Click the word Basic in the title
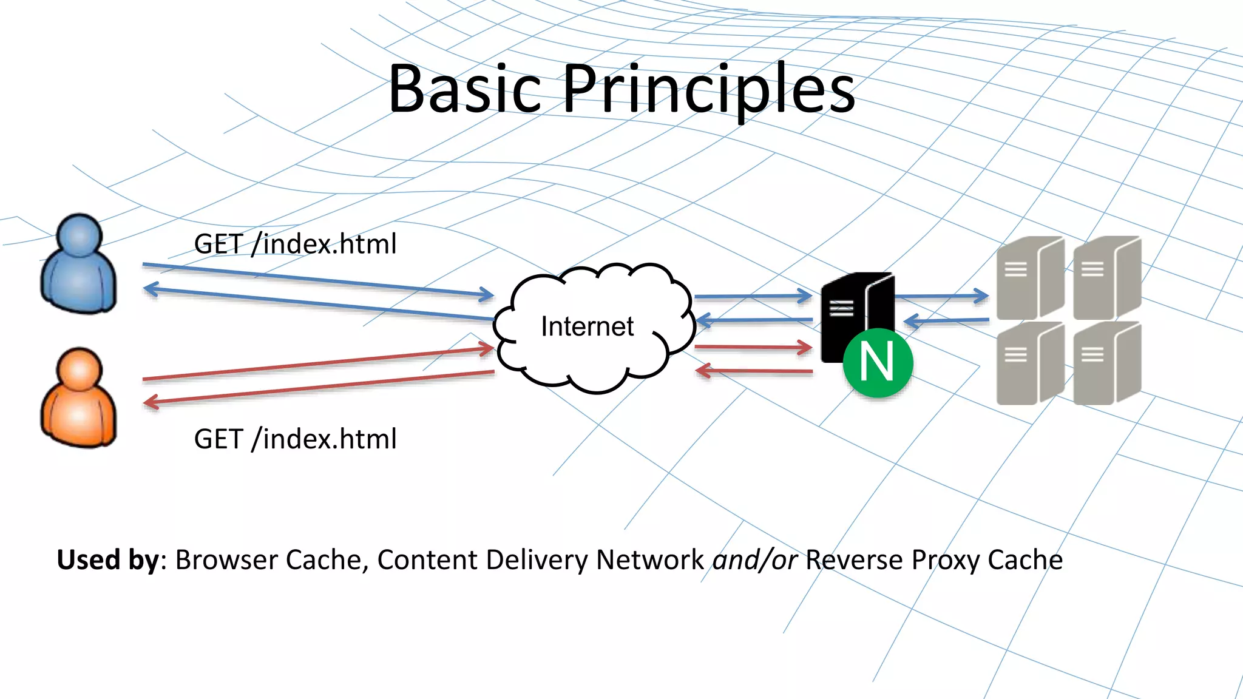(464, 89)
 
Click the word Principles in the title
(709, 89)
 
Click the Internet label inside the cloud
(587, 326)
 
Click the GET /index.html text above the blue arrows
(295, 244)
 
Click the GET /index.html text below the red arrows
(295, 439)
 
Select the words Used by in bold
(108, 559)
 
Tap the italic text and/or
(754, 559)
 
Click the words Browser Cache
(269, 559)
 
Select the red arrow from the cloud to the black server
(753, 348)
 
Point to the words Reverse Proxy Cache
(933, 559)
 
